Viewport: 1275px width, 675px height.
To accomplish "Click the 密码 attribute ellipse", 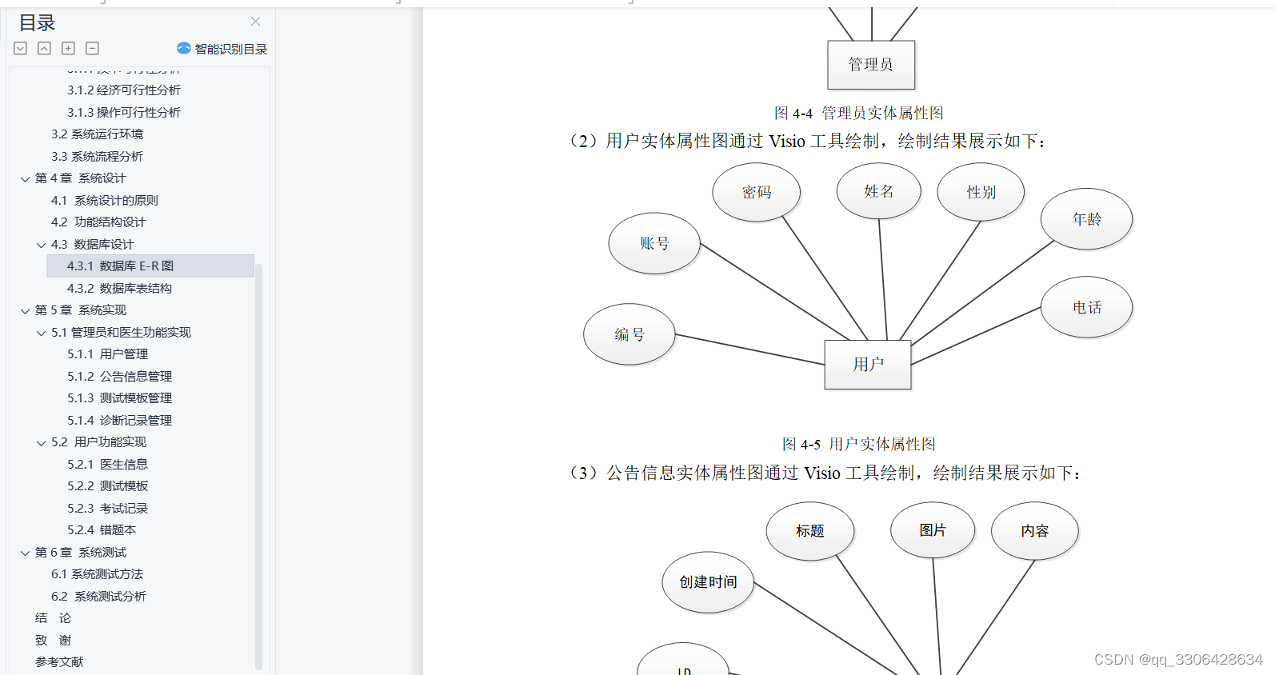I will [756, 192].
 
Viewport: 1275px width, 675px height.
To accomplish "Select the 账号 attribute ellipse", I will [654, 243].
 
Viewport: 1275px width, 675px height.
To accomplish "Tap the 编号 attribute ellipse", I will [630, 334].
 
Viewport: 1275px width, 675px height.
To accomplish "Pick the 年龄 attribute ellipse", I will [1086, 219].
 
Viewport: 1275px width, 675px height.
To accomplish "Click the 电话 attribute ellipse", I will [1086, 307].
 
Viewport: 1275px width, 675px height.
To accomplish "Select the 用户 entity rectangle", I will [868, 365].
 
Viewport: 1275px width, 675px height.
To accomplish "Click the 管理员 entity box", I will [870, 65].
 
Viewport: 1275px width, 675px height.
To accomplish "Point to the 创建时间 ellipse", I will [708, 582].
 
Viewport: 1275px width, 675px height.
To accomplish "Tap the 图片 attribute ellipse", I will [933, 530].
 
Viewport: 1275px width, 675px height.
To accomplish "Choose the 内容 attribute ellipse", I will [1034, 531].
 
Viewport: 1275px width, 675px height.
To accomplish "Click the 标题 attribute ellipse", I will [809, 531].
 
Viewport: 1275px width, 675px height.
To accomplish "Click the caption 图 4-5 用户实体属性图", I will [858, 444].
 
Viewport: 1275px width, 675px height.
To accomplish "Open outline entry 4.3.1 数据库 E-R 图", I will [120, 266].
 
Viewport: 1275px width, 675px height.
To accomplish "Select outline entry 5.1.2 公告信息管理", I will [119, 376].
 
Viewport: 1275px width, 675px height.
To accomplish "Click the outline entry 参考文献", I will [59, 662].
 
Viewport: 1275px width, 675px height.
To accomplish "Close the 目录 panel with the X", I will [255, 22].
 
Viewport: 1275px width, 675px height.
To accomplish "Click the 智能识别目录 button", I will [222, 49].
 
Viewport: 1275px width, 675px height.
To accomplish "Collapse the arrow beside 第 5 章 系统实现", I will [25, 310].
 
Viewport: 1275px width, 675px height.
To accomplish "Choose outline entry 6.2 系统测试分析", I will [98, 596].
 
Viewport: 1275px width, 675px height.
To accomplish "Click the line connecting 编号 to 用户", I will [749, 349].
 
